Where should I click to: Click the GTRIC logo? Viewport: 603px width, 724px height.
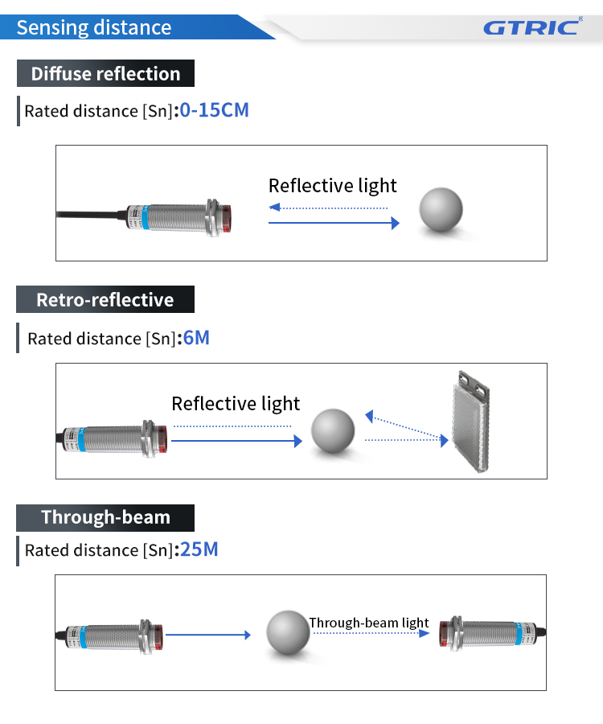[x=533, y=27]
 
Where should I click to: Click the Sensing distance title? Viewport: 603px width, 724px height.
[x=94, y=27]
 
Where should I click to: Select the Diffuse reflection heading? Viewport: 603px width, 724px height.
[x=105, y=73]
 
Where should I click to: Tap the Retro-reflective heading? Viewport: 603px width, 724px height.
[x=105, y=300]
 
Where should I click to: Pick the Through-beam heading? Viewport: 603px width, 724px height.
[x=105, y=517]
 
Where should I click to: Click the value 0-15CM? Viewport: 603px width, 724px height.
[x=214, y=110]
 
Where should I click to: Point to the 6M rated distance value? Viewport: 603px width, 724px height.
[x=196, y=338]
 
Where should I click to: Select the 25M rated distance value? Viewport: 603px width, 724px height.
[x=199, y=549]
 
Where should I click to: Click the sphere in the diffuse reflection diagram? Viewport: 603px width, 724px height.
[x=441, y=209]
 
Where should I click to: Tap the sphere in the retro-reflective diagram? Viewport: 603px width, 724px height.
[x=333, y=430]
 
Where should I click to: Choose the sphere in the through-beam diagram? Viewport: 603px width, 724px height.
[x=288, y=632]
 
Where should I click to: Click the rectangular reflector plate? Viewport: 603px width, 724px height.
[x=470, y=422]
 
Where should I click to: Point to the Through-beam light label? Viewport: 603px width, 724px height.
[x=369, y=623]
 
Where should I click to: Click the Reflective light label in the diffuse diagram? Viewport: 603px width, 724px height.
[x=333, y=186]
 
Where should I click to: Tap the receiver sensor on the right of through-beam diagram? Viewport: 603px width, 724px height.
[x=492, y=633]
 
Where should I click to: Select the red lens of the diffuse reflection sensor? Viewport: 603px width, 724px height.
[x=227, y=218]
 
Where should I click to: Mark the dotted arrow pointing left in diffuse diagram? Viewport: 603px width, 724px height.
[x=328, y=208]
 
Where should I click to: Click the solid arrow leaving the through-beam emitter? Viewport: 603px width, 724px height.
[x=208, y=635]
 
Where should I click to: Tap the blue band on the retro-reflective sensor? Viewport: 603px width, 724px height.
[x=82, y=439]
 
